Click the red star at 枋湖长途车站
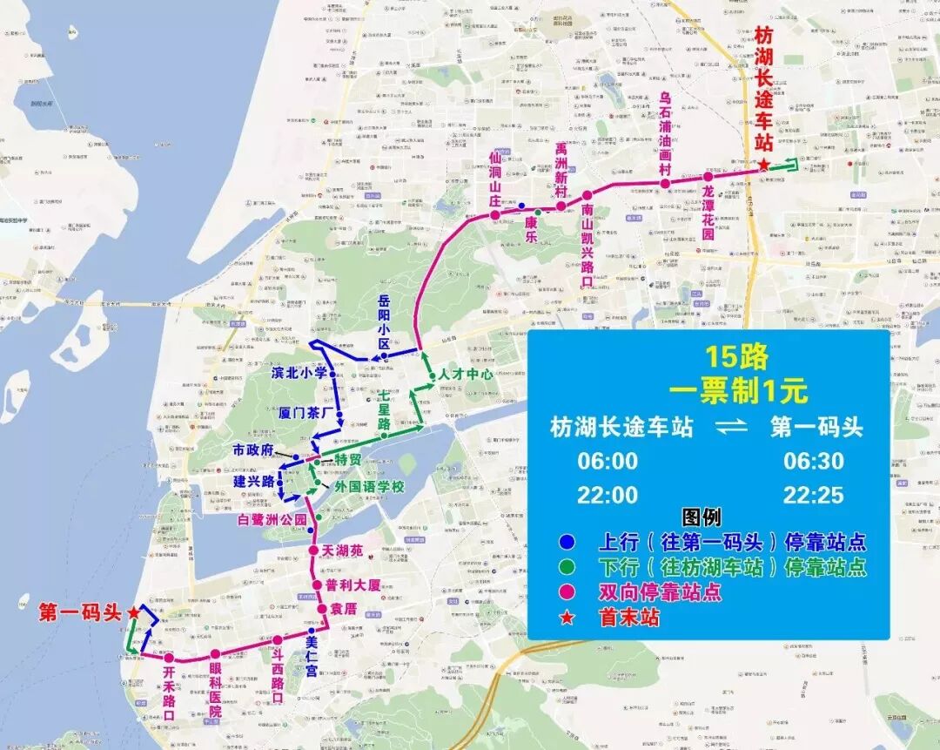[763, 166]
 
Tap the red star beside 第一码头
[133, 612]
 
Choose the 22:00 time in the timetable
[608, 495]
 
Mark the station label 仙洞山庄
[495, 178]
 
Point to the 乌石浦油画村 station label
[666, 122]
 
